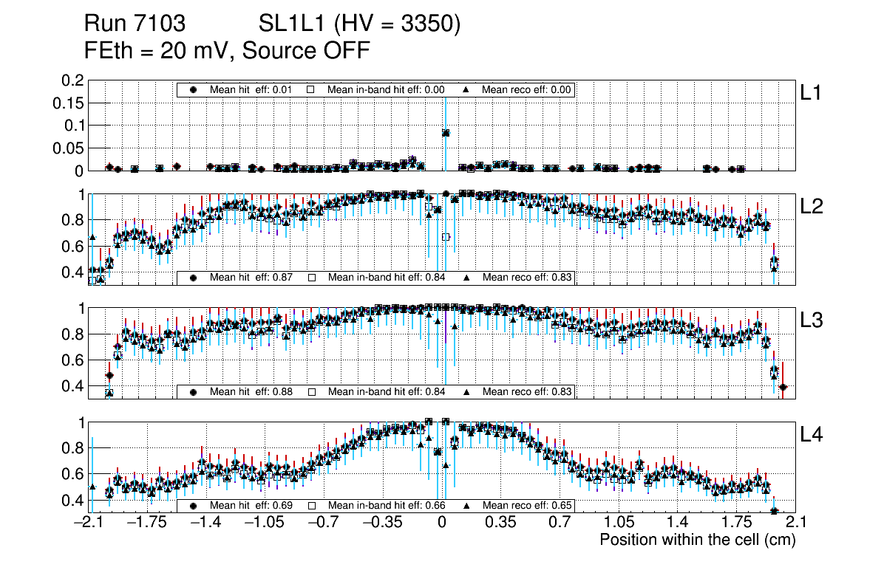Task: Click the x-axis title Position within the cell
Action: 697,540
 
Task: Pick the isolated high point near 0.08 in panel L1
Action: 446,133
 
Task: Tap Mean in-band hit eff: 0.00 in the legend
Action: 376,89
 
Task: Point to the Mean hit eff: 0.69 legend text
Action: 251,506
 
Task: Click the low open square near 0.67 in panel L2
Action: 446,236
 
